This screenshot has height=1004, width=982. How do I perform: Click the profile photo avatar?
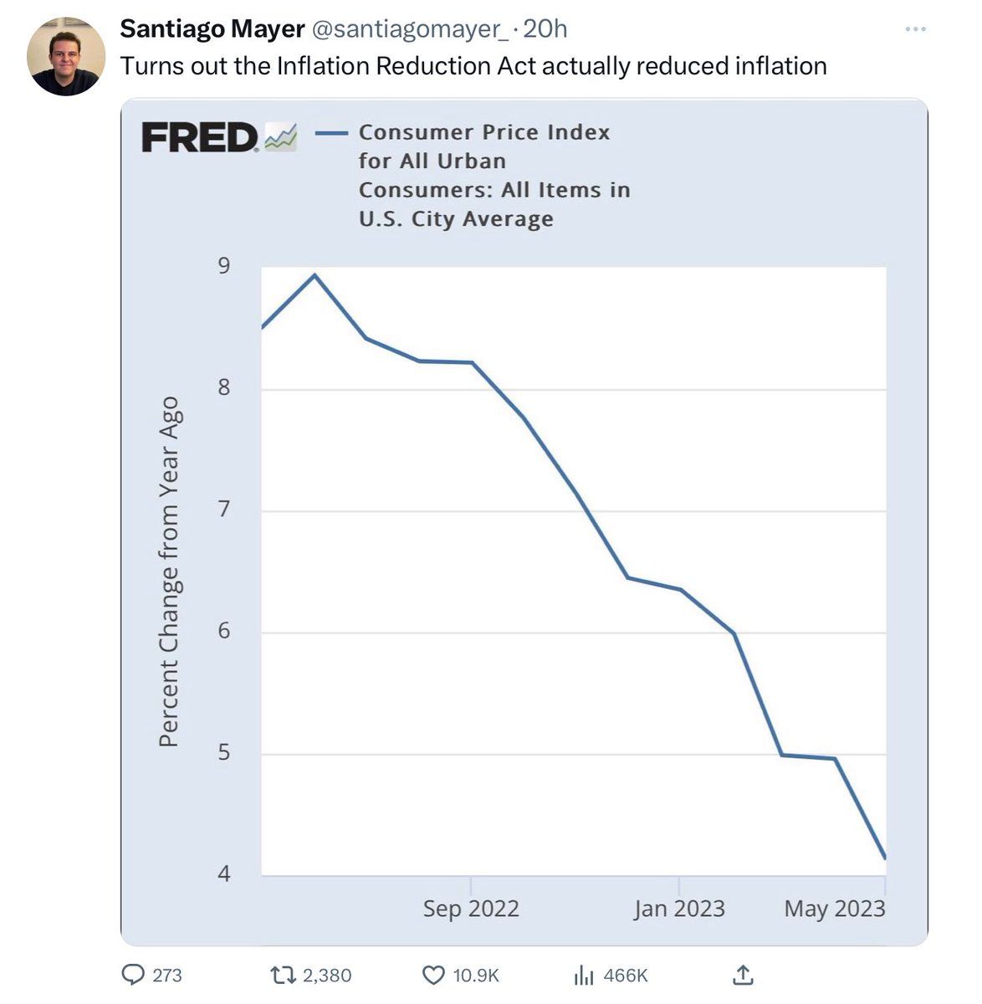(66, 56)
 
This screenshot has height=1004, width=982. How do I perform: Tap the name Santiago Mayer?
(212, 29)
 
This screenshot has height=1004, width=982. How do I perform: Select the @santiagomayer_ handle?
(410, 29)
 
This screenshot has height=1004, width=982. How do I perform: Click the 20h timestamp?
(545, 29)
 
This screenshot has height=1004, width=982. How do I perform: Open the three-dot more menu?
(916, 30)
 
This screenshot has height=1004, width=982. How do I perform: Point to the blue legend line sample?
(331, 133)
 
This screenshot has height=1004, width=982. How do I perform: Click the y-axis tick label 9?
(223, 266)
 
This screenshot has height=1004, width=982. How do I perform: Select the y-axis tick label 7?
(223, 509)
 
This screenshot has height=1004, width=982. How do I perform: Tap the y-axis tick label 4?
(223, 874)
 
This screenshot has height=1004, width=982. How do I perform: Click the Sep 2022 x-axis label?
(471, 909)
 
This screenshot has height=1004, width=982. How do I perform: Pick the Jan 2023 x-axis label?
(679, 909)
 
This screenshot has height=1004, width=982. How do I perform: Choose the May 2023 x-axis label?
(834, 909)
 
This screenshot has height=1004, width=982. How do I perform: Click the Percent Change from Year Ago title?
(169, 572)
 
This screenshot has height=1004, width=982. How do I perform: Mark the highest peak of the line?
(315, 274)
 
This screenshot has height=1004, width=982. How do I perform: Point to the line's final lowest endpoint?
(884, 858)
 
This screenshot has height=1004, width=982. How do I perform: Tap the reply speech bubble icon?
(134, 975)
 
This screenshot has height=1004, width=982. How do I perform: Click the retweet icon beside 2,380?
(284, 975)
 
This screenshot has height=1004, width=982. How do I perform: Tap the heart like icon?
(433, 975)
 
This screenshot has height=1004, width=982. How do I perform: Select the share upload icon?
(743, 974)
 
